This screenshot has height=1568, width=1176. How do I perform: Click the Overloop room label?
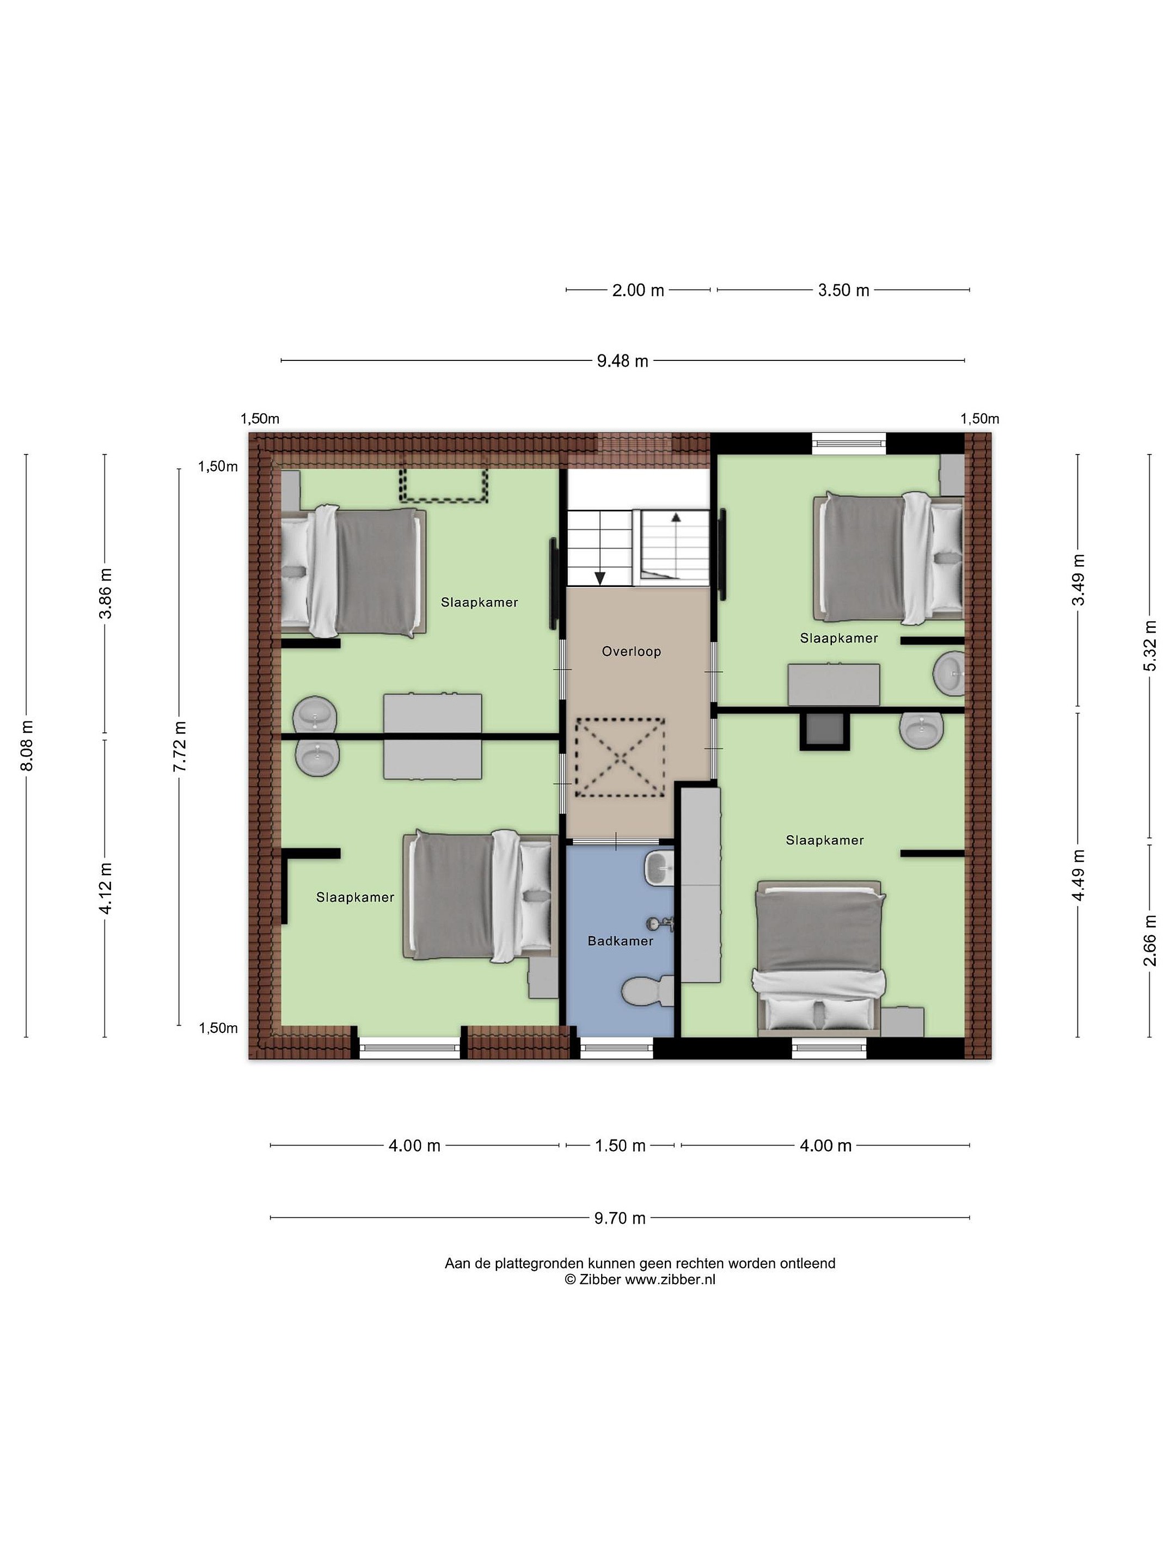tap(631, 652)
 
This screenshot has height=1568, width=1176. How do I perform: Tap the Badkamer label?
tap(620, 941)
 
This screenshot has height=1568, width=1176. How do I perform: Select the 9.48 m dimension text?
tap(622, 361)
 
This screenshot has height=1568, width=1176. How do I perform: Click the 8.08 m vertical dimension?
tap(26, 746)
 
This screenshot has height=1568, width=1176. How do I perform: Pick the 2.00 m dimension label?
tap(638, 290)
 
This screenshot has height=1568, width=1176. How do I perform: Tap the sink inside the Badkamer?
tap(659, 866)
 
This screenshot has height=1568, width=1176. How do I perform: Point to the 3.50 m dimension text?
tap(843, 290)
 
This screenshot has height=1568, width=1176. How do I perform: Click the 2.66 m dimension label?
tap(1150, 940)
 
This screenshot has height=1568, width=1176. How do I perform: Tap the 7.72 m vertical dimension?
tap(179, 746)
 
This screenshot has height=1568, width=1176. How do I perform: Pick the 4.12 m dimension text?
tap(105, 888)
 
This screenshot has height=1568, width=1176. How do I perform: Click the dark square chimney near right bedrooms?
tap(824, 731)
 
